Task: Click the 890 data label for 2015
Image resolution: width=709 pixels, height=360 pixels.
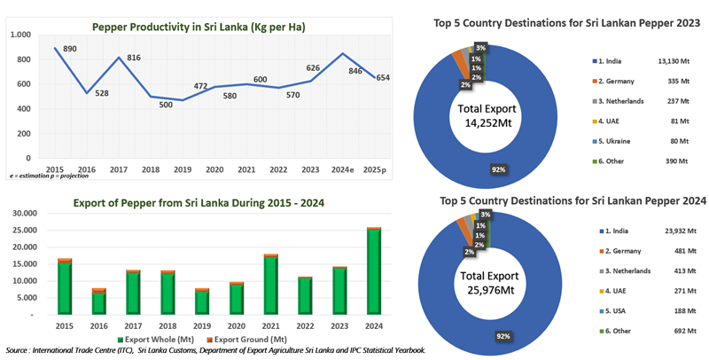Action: (70, 48)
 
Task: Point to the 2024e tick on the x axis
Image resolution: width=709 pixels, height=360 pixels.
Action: (344, 169)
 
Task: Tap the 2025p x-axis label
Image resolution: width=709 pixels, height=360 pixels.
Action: (376, 169)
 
